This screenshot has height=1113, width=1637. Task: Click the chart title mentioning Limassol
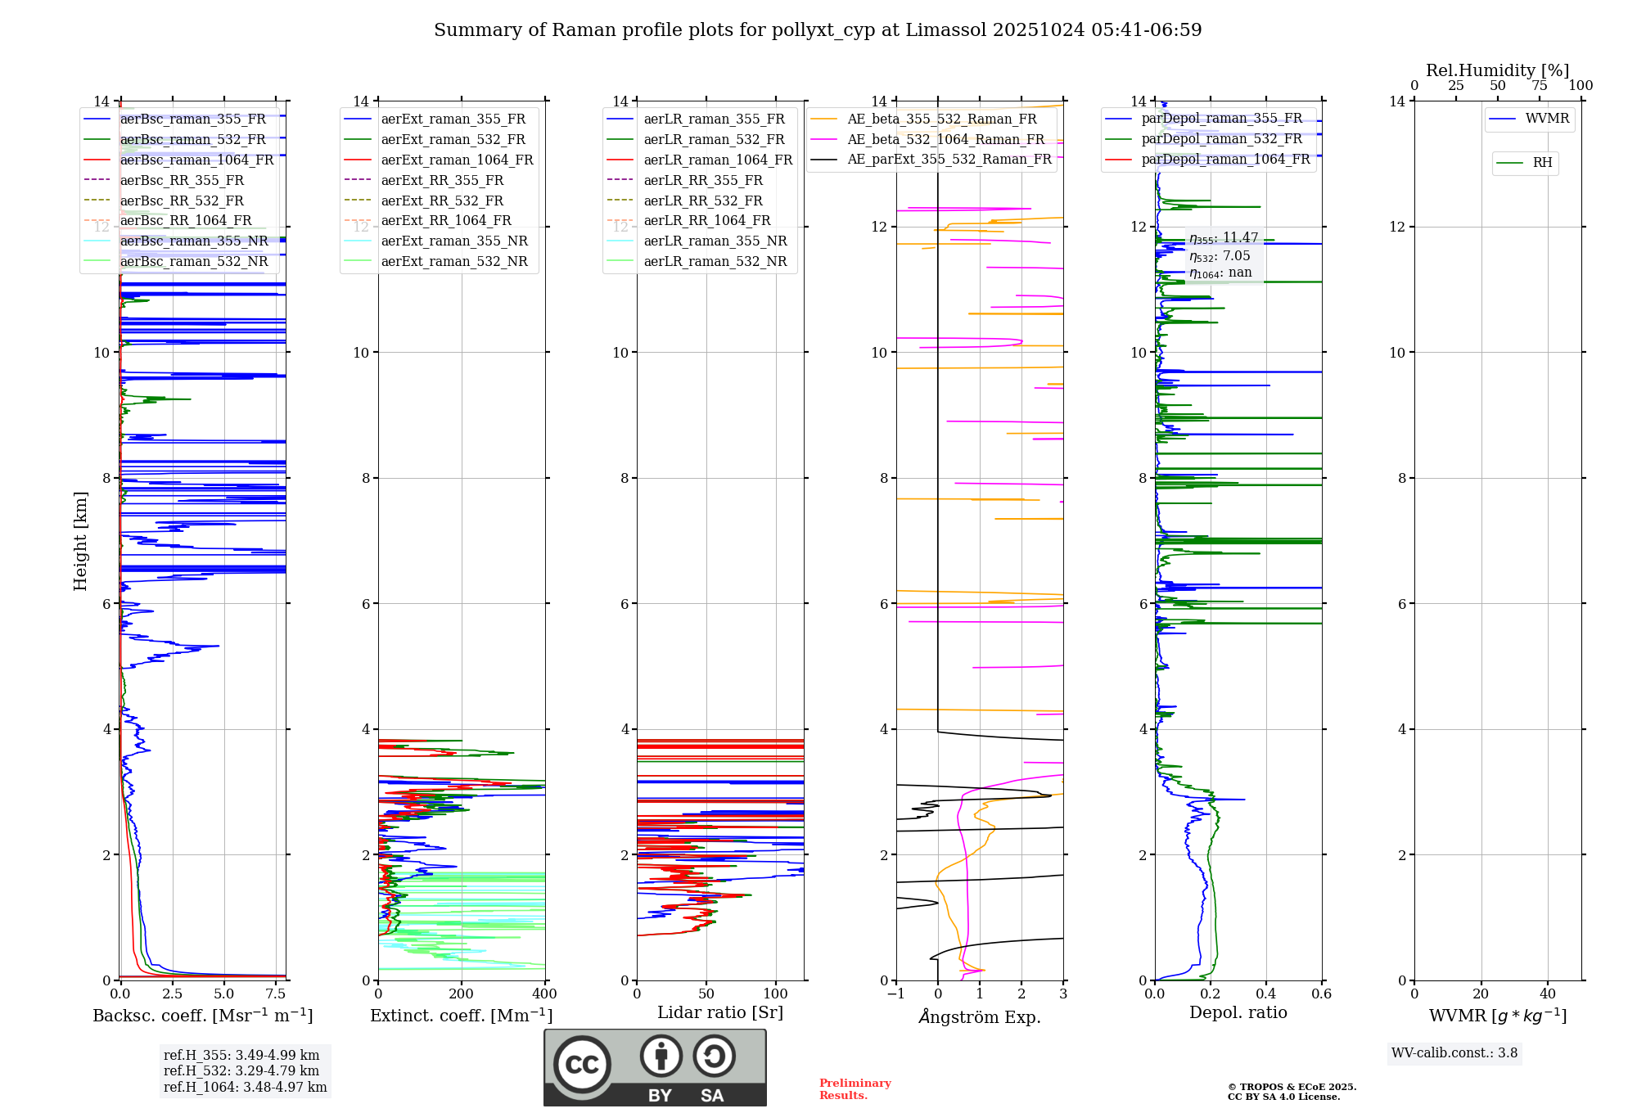pyautogui.click(x=818, y=30)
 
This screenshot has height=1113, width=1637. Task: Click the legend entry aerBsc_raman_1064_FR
pyautogui.click(x=196, y=160)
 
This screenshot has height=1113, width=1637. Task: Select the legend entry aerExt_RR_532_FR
pyautogui.click(x=442, y=201)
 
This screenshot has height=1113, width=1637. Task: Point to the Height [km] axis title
pyautogui.click(x=80, y=541)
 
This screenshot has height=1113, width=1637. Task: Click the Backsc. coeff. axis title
pyautogui.click(x=203, y=1016)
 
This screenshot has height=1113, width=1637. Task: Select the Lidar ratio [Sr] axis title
pyautogui.click(x=720, y=1013)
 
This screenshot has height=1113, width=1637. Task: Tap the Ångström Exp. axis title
pyautogui.click(x=980, y=1016)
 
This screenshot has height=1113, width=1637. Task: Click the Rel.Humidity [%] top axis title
pyautogui.click(x=1498, y=70)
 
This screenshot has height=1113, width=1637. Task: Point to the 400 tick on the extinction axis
pyautogui.click(x=544, y=994)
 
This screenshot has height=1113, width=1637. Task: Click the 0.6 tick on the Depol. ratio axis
pyautogui.click(x=1321, y=994)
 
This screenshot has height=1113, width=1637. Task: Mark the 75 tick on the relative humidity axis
pyautogui.click(x=1540, y=85)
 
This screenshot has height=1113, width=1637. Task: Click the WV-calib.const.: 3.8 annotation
pyautogui.click(x=1454, y=1053)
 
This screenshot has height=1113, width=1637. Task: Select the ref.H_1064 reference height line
pyautogui.click(x=246, y=1087)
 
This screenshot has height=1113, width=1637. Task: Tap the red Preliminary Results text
pyautogui.click(x=855, y=1089)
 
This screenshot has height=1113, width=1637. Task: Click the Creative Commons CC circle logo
pyautogui.click(x=582, y=1065)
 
